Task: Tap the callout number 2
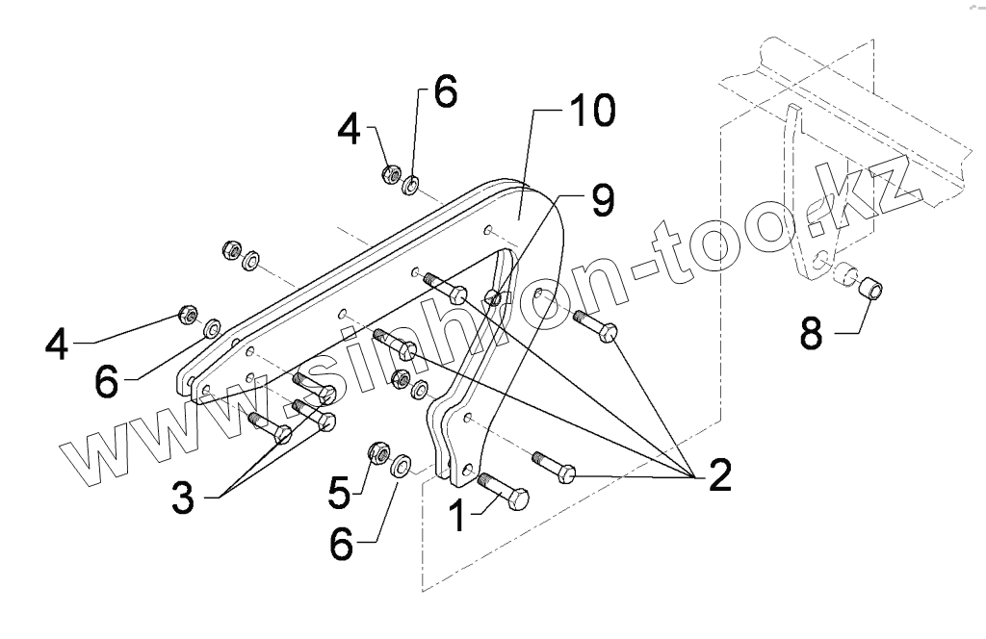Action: [x=718, y=474]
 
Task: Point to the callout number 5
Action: [x=339, y=490]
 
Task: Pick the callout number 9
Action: [x=601, y=199]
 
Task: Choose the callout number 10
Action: [x=588, y=112]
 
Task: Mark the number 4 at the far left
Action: [x=57, y=344]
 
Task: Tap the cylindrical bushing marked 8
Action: [x=869, y=286]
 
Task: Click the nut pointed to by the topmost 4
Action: [x=392, y=174]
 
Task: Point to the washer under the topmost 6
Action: [x=411, y=183]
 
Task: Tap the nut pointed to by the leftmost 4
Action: [x=189, y=314]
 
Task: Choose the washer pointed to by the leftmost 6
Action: [x=211, y=324]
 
